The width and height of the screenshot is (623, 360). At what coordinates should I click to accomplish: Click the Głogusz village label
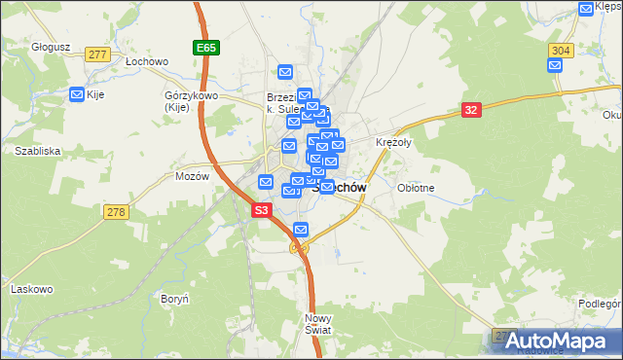coord(23,45)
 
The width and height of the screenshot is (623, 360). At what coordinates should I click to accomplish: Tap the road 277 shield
coord(96,54)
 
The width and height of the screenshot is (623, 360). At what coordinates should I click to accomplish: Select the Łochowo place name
coord(146,59)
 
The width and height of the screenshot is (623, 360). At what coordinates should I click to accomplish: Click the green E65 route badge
coord(204,47)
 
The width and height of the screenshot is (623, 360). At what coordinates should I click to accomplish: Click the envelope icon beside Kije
coord(77,94)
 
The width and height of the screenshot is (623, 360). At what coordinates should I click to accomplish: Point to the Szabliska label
coord(38,151)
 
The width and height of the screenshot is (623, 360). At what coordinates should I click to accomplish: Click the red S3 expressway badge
coord(261,210)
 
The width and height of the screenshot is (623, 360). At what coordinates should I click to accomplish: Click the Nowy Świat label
coord(318,324)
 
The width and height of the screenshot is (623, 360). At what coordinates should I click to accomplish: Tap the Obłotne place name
coord(417,188)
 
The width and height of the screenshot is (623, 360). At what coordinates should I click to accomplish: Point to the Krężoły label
coord(394,142)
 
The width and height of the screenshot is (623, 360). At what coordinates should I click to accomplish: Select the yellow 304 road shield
coord(560,50)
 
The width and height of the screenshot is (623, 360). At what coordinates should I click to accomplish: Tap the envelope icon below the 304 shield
coord(555,66)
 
